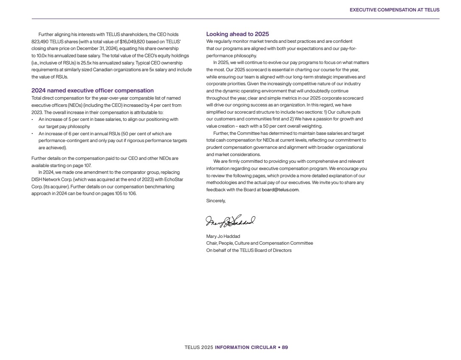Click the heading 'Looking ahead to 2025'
(x=237, y=34)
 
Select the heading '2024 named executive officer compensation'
(x=92, y=90)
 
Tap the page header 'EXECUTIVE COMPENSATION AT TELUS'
(x=394, y=10)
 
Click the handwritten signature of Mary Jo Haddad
(x=230, y=221)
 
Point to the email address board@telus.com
(x=280, y=190)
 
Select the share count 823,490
(x=40, y=42)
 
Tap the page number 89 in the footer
(x=285, y=347)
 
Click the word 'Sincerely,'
(x=216, y=201)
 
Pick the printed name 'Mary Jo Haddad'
(x=223, y=236)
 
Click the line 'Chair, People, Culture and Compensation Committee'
(x=260, y=243)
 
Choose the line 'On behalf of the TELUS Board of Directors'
(x=249, y=250)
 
